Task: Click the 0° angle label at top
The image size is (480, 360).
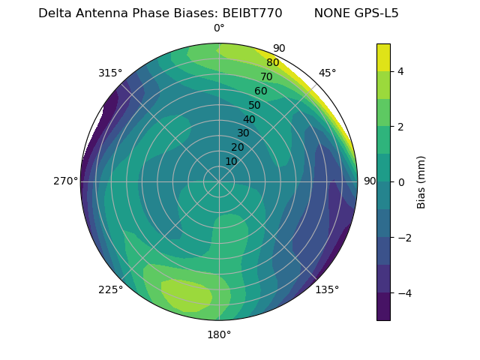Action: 219,28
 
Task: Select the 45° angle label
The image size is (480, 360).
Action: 327,73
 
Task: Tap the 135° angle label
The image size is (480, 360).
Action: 327,289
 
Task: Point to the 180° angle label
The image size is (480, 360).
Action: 219,334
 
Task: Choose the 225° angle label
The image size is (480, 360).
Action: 110,289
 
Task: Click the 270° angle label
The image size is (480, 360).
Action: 65,181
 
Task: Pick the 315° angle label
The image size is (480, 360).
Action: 110,73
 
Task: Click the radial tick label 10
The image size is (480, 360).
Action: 231,161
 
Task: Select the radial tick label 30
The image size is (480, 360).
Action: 243,133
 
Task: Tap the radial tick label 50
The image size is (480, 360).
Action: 254,106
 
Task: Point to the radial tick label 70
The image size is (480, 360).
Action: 266,77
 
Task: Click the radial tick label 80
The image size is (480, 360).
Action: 272,63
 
